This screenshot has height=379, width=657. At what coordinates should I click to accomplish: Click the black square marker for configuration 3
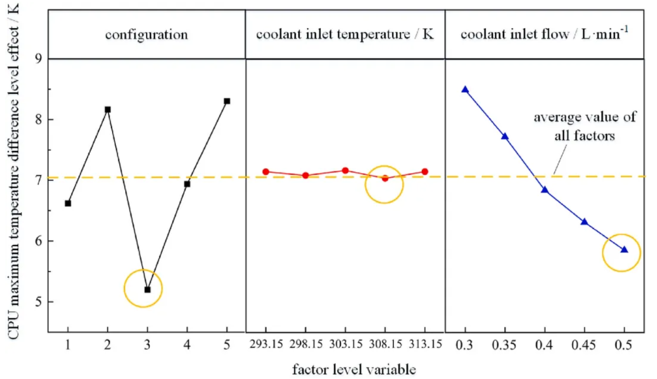click(x=147, y=289)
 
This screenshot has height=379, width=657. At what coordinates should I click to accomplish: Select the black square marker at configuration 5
click(x=227, y=101)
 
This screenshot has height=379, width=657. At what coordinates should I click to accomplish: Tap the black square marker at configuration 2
click(x=108, y=109)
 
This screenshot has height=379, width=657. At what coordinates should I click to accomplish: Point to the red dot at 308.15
click(x=385, y=178)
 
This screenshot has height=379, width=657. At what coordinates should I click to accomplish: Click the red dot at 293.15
click(x=266, y=171)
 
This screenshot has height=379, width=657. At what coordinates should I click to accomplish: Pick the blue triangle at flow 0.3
click(x=465, y=90)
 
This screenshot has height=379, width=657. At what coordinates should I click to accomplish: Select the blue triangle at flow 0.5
click(x=624, y=250)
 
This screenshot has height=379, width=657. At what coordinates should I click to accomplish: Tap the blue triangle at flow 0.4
click(x=545, y=190)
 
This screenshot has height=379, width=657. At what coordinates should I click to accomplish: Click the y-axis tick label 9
click(x=36, y=59)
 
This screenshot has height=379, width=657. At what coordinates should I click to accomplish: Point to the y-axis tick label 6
click(x=36, y=241)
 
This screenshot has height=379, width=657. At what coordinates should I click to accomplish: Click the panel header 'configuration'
click(x=146, y=35)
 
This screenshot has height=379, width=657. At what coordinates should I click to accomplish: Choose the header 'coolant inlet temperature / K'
click(x=345, y=35)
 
